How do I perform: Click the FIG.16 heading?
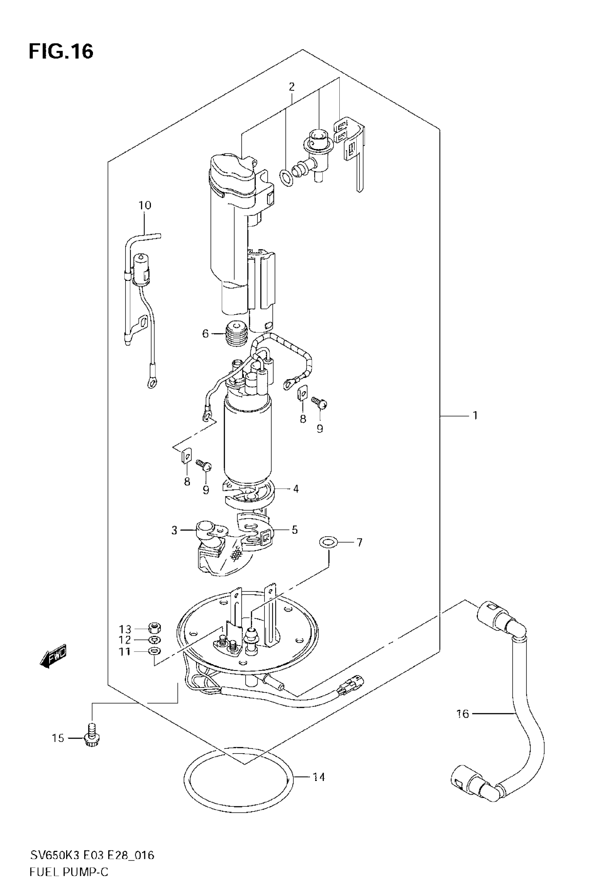click(x=61, y=51)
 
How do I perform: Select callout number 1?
click(x=475, y=415)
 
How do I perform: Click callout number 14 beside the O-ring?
click(x=319, y=777)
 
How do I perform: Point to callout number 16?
click(x=463, y=714)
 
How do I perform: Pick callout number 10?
click(x=145, y=206)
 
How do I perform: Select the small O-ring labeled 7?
click(x=329, y=543)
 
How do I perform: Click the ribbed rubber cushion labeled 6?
click(x=236, y=333)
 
